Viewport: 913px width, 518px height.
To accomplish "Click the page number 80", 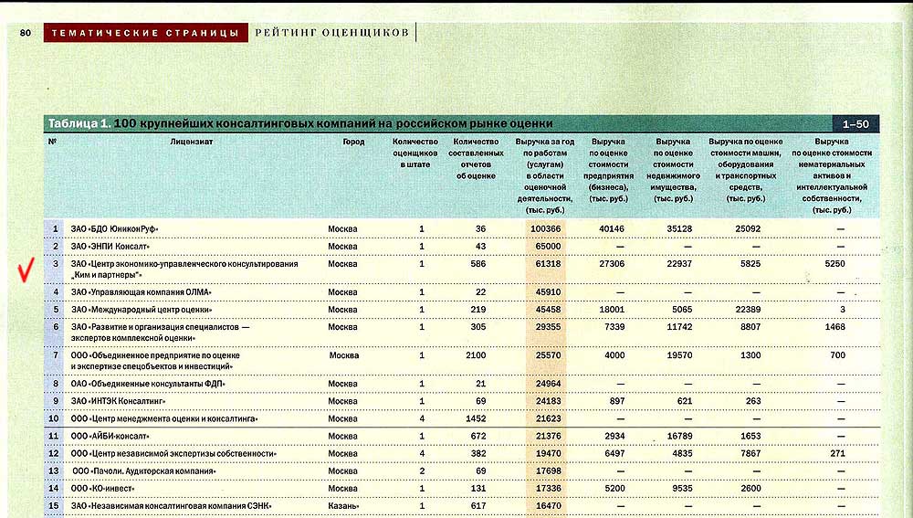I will click(26, 33).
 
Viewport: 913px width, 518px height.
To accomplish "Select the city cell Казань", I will click(343, 505).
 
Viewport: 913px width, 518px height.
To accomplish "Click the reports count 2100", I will click(476, 354).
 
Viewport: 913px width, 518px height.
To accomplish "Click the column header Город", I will click(353, 142).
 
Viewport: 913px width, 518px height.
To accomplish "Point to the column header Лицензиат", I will click(191, 142).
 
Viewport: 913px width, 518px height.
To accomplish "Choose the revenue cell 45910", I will click(546, 292).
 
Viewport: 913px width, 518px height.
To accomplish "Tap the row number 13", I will click(54, 471).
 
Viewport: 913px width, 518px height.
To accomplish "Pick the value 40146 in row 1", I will click(611, 228).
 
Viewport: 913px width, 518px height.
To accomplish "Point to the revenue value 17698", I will click(546, 471).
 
